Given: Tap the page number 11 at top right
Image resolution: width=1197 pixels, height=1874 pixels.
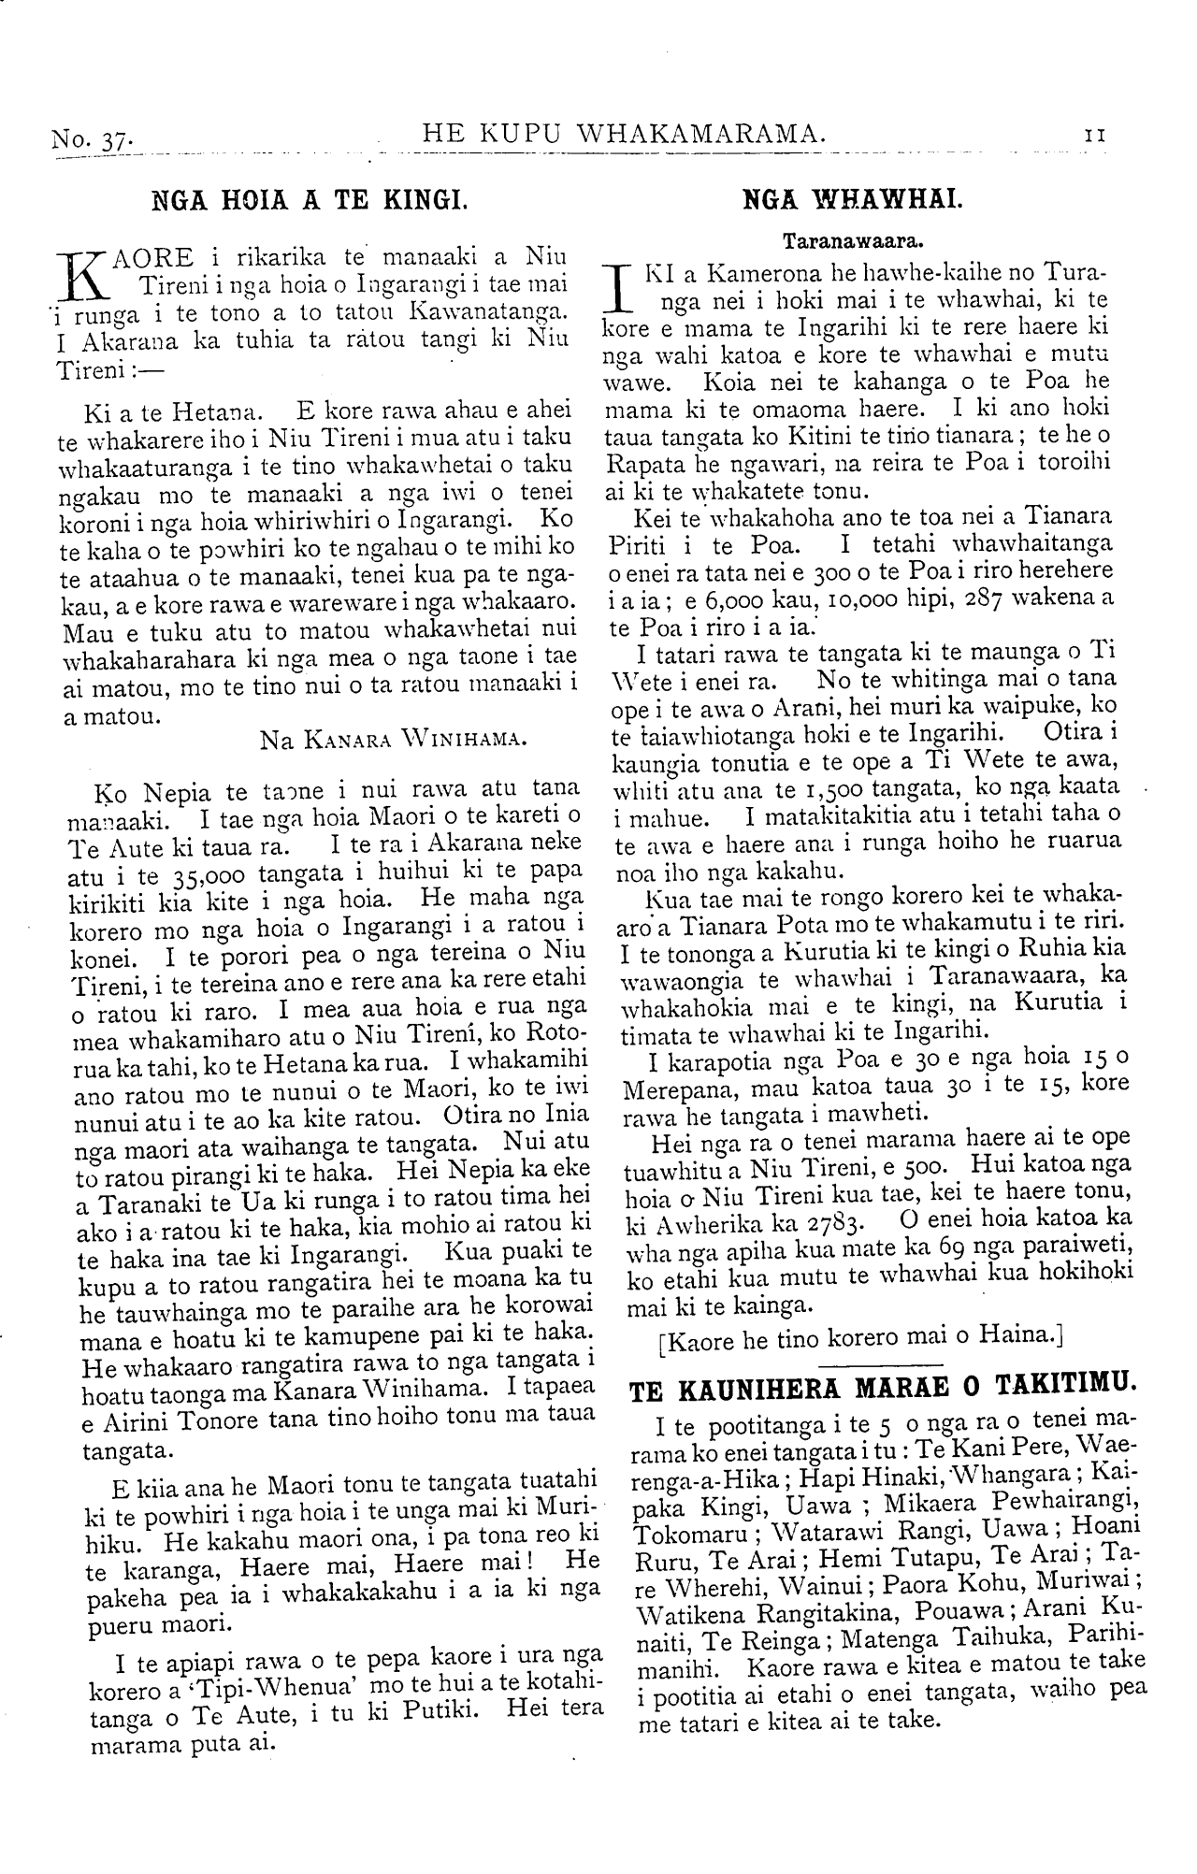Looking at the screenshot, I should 1095,135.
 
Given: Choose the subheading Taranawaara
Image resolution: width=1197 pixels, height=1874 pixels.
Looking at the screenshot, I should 853,240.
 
